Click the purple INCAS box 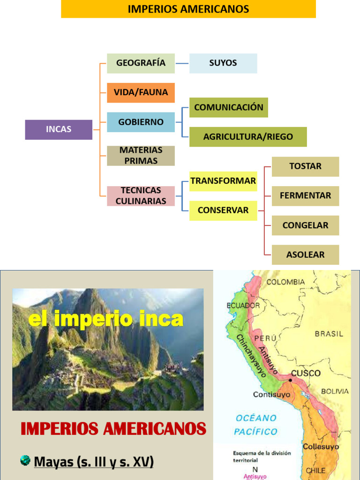pos(59,129)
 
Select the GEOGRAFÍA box pos(141,63)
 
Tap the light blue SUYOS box pos(223,63)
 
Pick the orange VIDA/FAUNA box pos(141,92)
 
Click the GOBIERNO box pos(141,122)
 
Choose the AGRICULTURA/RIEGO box pos(248,137)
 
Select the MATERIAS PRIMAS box pos(141,156)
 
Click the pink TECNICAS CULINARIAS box pos(141,196)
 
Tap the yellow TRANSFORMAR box pos(223,181)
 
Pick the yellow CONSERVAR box pos(223,210)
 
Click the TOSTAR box pos(305,166)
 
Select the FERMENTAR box pos(305,196)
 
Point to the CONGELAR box pos(305,225)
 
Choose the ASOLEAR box pos(305,255)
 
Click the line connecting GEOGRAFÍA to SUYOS pos(182,63)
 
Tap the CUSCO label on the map pos(306,374)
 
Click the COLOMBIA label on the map pos(285,282)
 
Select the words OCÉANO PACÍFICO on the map pos(256,425)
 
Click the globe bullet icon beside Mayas pos(25,461)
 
